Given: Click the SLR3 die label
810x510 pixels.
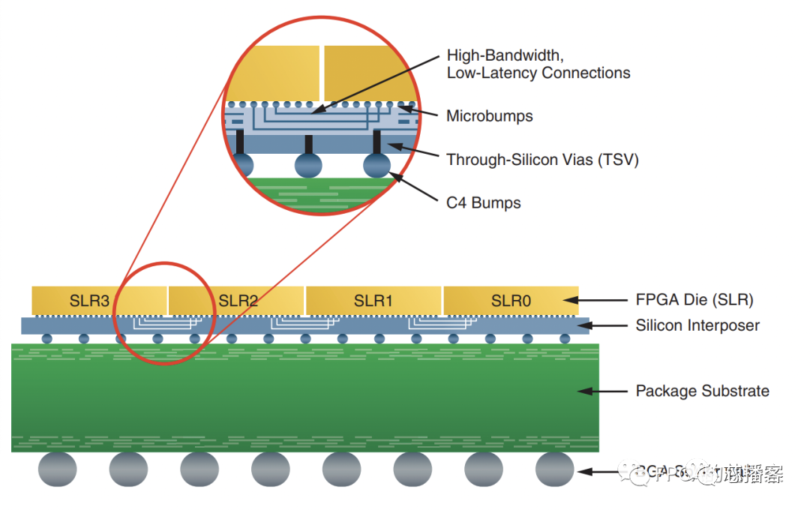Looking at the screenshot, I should pos(89,301).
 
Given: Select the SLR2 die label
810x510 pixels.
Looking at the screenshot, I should pos(238,301).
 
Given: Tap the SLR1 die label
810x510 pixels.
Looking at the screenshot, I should pos(373,301).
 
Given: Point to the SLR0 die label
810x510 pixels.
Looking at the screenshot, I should pos(511,301).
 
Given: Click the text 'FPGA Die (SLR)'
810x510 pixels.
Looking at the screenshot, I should pos(694,300).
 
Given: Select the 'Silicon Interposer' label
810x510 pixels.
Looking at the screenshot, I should pos(697,325).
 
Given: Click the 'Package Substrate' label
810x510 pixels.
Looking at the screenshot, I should pos(702,391).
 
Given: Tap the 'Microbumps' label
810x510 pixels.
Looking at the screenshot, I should pos(489,116).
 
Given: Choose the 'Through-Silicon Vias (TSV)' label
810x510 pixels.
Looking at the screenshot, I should pos(542,160).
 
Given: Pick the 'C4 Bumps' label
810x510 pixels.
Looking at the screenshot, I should pos(483,202).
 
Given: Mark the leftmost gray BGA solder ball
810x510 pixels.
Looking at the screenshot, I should pos(58,469).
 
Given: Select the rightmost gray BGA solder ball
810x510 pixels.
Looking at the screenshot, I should pos(555,469).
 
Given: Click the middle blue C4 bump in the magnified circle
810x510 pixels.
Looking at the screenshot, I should pos(308,165).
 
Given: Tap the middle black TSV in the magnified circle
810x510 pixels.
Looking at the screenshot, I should pos(308,142).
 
